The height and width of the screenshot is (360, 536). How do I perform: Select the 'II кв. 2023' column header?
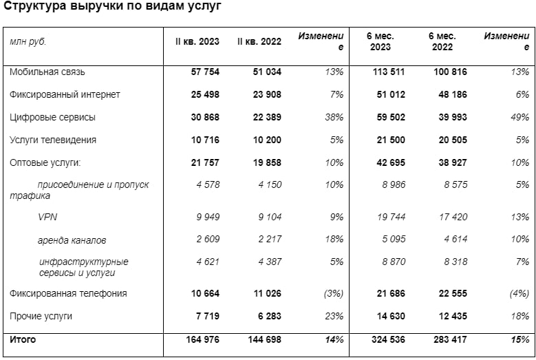point(197,42)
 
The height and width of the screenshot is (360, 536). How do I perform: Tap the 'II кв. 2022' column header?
point(259,42)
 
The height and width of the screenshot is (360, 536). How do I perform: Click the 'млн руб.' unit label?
point(28,42)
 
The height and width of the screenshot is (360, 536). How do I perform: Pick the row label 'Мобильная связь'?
point(47,72)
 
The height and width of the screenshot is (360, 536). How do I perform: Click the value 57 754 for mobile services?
point(205,72)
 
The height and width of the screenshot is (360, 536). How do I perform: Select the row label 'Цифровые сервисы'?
point(52,117)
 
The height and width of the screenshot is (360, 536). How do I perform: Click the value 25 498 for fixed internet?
point(205,94)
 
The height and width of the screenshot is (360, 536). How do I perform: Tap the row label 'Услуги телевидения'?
point(52,140)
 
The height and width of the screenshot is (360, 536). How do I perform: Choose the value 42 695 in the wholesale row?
point(388,162)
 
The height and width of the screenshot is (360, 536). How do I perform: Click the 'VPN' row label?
point(47,217)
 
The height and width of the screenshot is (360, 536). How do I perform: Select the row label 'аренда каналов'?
point(72,240)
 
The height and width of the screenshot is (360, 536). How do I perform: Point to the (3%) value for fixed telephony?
point(333,293)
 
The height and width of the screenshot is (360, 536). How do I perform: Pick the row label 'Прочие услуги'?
point(41,316)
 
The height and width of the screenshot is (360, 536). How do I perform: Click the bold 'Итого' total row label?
point(23,339)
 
